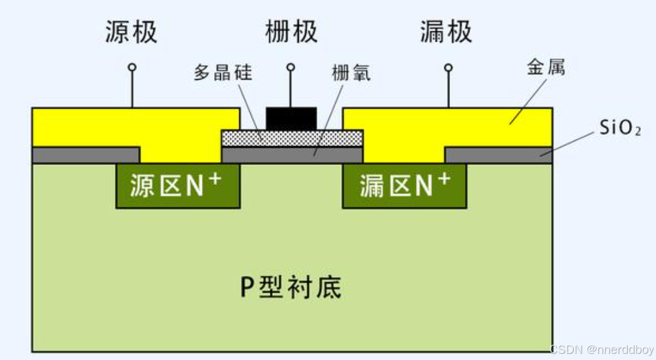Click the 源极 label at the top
click(131, 32)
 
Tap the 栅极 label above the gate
click(291, 32)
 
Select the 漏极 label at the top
click(446, 32)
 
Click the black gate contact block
click(291, 118)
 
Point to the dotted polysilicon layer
click(291, 137)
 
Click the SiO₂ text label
click(620, 129)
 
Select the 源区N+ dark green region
click(177, 186)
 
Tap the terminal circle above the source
click(131, 67)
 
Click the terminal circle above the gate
click(291, 67)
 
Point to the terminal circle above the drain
click(449, 67)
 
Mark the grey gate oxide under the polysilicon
click(291, 155)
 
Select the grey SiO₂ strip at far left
click(85, 155)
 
